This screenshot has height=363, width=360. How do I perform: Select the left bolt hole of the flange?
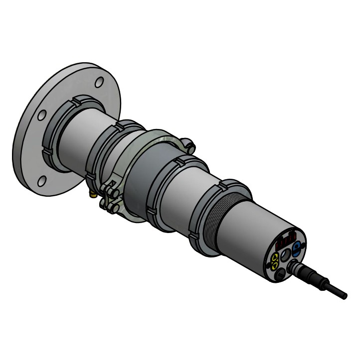coord(42,115)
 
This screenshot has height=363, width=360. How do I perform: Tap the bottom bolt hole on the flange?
coord(42,180)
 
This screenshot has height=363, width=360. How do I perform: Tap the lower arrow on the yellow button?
coord(276,264)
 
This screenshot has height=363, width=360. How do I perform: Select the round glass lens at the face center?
coord(286,255)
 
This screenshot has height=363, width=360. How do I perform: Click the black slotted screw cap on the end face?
coord(279,274)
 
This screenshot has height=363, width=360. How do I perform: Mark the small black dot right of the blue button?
coord(303,253)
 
